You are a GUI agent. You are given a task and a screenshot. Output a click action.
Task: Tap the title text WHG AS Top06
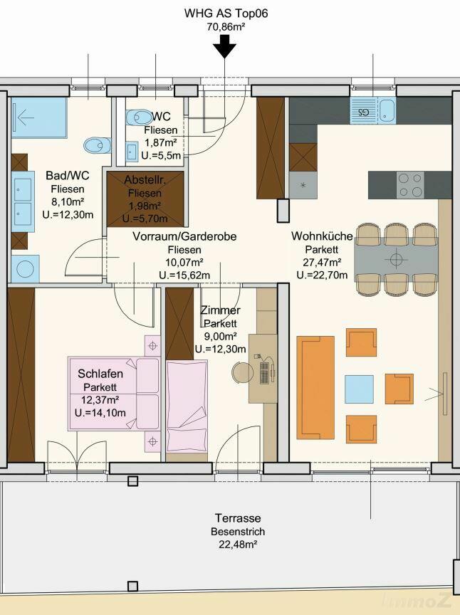[x=226, y=14]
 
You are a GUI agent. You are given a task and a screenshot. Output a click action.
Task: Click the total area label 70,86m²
[x=226, y=26]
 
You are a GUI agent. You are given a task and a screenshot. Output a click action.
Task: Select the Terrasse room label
[x=238, y=518]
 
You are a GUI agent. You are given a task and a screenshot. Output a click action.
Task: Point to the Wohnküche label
[x=322, y=236]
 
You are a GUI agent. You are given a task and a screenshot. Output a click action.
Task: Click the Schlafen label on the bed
[x=100, y=374]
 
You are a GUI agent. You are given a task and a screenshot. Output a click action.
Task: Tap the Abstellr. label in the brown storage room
[x=145, y=180]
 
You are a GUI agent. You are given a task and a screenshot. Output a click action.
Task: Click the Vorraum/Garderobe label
[x=184, y=236]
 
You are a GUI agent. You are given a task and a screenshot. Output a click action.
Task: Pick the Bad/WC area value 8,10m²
[x=68, y=201]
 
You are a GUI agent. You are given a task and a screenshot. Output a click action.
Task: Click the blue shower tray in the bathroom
[x=38, y=117]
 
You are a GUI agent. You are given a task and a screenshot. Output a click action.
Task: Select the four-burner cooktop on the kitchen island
[x=410, y=184]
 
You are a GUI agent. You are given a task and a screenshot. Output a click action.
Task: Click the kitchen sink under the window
[x=373, y=110]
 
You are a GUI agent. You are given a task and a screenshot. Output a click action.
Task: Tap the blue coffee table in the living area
[x=359, y=389]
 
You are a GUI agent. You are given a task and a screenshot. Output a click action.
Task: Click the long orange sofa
[x=315, y=387]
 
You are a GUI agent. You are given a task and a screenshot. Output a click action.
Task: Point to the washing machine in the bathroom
[x=25, y=268]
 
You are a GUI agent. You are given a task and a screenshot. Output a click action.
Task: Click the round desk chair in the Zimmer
[x=242, y=372]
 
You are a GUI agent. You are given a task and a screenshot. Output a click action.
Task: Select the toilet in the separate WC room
[x=139, y=117]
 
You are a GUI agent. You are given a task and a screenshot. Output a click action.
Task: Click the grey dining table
[x=396, y=259]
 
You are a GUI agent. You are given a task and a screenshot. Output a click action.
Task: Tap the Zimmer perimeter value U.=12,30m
[x=220, y=349]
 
